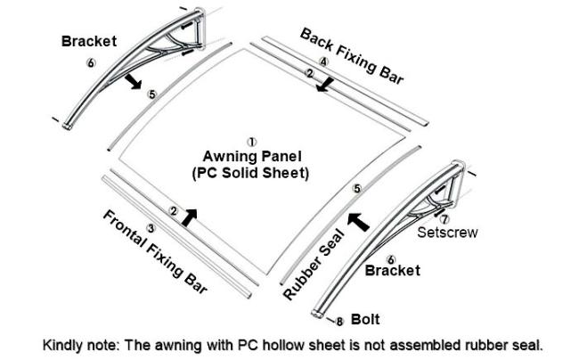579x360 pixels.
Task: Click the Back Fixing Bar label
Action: click(352, 56)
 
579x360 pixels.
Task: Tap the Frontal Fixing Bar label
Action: click(155, 252)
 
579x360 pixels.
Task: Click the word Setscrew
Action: click(447, 233)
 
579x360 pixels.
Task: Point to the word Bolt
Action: click(365, 319)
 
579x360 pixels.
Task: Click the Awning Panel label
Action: click(252, 156)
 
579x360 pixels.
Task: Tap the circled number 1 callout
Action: click(252, 143)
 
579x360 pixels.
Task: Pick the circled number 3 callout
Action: click(151, 228)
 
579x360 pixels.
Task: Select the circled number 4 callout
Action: click(323, 62)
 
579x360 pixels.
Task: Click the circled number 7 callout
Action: click(444, 219)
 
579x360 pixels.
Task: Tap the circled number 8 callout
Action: click(339, 322)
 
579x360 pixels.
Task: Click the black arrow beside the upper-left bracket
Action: click(133, 81)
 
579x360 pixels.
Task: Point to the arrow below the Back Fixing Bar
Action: click(325, 85)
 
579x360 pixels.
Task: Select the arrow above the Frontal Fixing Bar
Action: click(189, 217)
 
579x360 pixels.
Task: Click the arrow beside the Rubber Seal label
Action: click(359, 222)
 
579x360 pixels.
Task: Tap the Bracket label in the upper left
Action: click(89, 41)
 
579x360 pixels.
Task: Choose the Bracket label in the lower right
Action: click(393, 270)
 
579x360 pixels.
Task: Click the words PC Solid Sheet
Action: click(250, 173)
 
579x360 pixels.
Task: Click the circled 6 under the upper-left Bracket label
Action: click(91, 62)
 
